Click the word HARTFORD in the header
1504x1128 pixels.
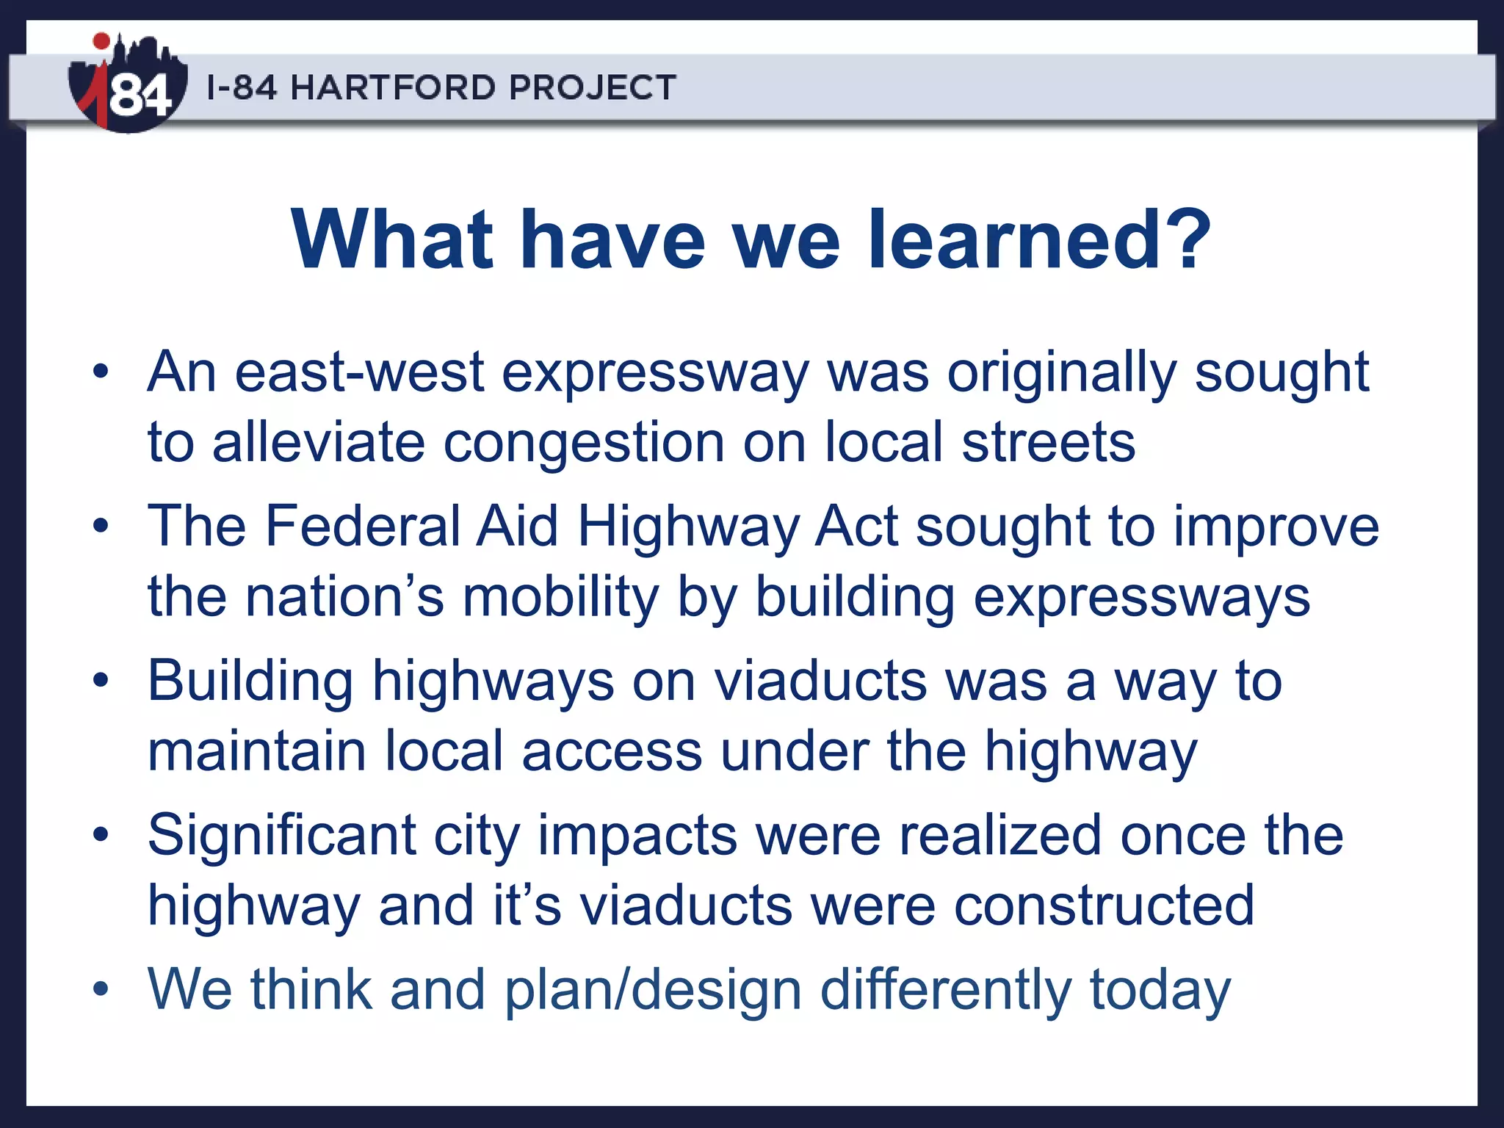pos(393,87)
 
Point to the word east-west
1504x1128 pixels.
pos(360,372)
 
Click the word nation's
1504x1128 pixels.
pos(344,596)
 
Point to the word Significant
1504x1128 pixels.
pos(282,836)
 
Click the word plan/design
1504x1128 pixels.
pos(653,990)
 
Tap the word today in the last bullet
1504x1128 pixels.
pos(1160,990)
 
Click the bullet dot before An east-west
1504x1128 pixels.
pos(101,371)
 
